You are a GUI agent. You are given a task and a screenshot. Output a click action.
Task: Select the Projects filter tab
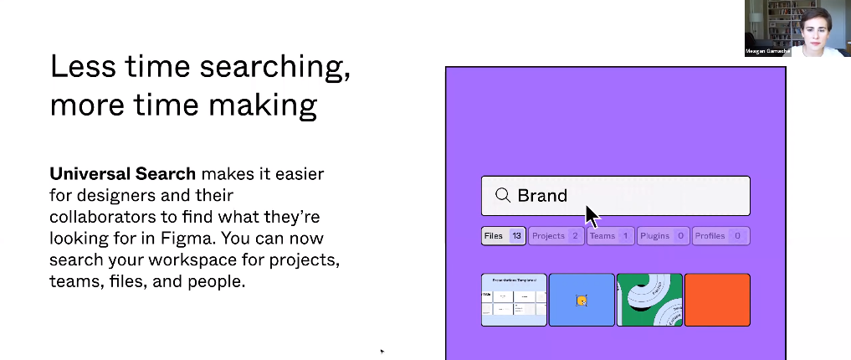[x=556, y=236]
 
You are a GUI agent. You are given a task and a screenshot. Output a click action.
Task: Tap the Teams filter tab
[x=609, y=236]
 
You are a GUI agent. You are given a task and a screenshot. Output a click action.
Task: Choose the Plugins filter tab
[x=663, y=236]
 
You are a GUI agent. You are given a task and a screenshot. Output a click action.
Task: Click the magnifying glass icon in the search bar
[x=502, y=195]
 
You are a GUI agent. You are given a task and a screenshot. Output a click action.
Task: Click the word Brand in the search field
[x=542, y=195]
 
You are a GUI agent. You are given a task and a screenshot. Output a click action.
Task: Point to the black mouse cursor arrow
[x=592, y=215]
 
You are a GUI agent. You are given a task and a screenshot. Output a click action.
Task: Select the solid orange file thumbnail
[x=717, y=300]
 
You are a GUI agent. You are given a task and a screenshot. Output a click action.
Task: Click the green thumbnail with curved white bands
[x=649, y=300]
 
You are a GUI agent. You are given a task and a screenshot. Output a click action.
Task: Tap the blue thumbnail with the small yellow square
[x=582, y=300]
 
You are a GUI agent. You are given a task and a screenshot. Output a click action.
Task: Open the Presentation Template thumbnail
[x=514, y=300]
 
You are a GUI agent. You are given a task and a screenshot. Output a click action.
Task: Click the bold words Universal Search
[x=122, y=174]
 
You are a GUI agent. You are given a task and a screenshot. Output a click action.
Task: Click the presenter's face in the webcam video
[x=814, y=23]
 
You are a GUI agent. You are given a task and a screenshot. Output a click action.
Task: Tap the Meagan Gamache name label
[x=766, y=52]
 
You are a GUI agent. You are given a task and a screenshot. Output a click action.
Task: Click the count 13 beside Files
[x=516, y=236]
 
